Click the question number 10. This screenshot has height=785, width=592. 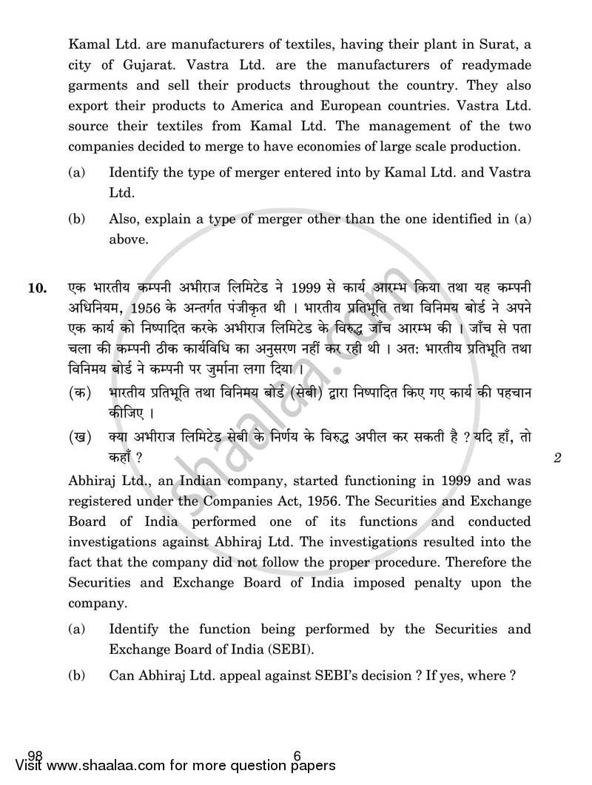[38, 288]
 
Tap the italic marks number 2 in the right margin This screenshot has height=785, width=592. [558, 458]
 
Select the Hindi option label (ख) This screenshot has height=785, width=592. [79, 438]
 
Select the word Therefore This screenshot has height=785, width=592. [500, 562]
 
